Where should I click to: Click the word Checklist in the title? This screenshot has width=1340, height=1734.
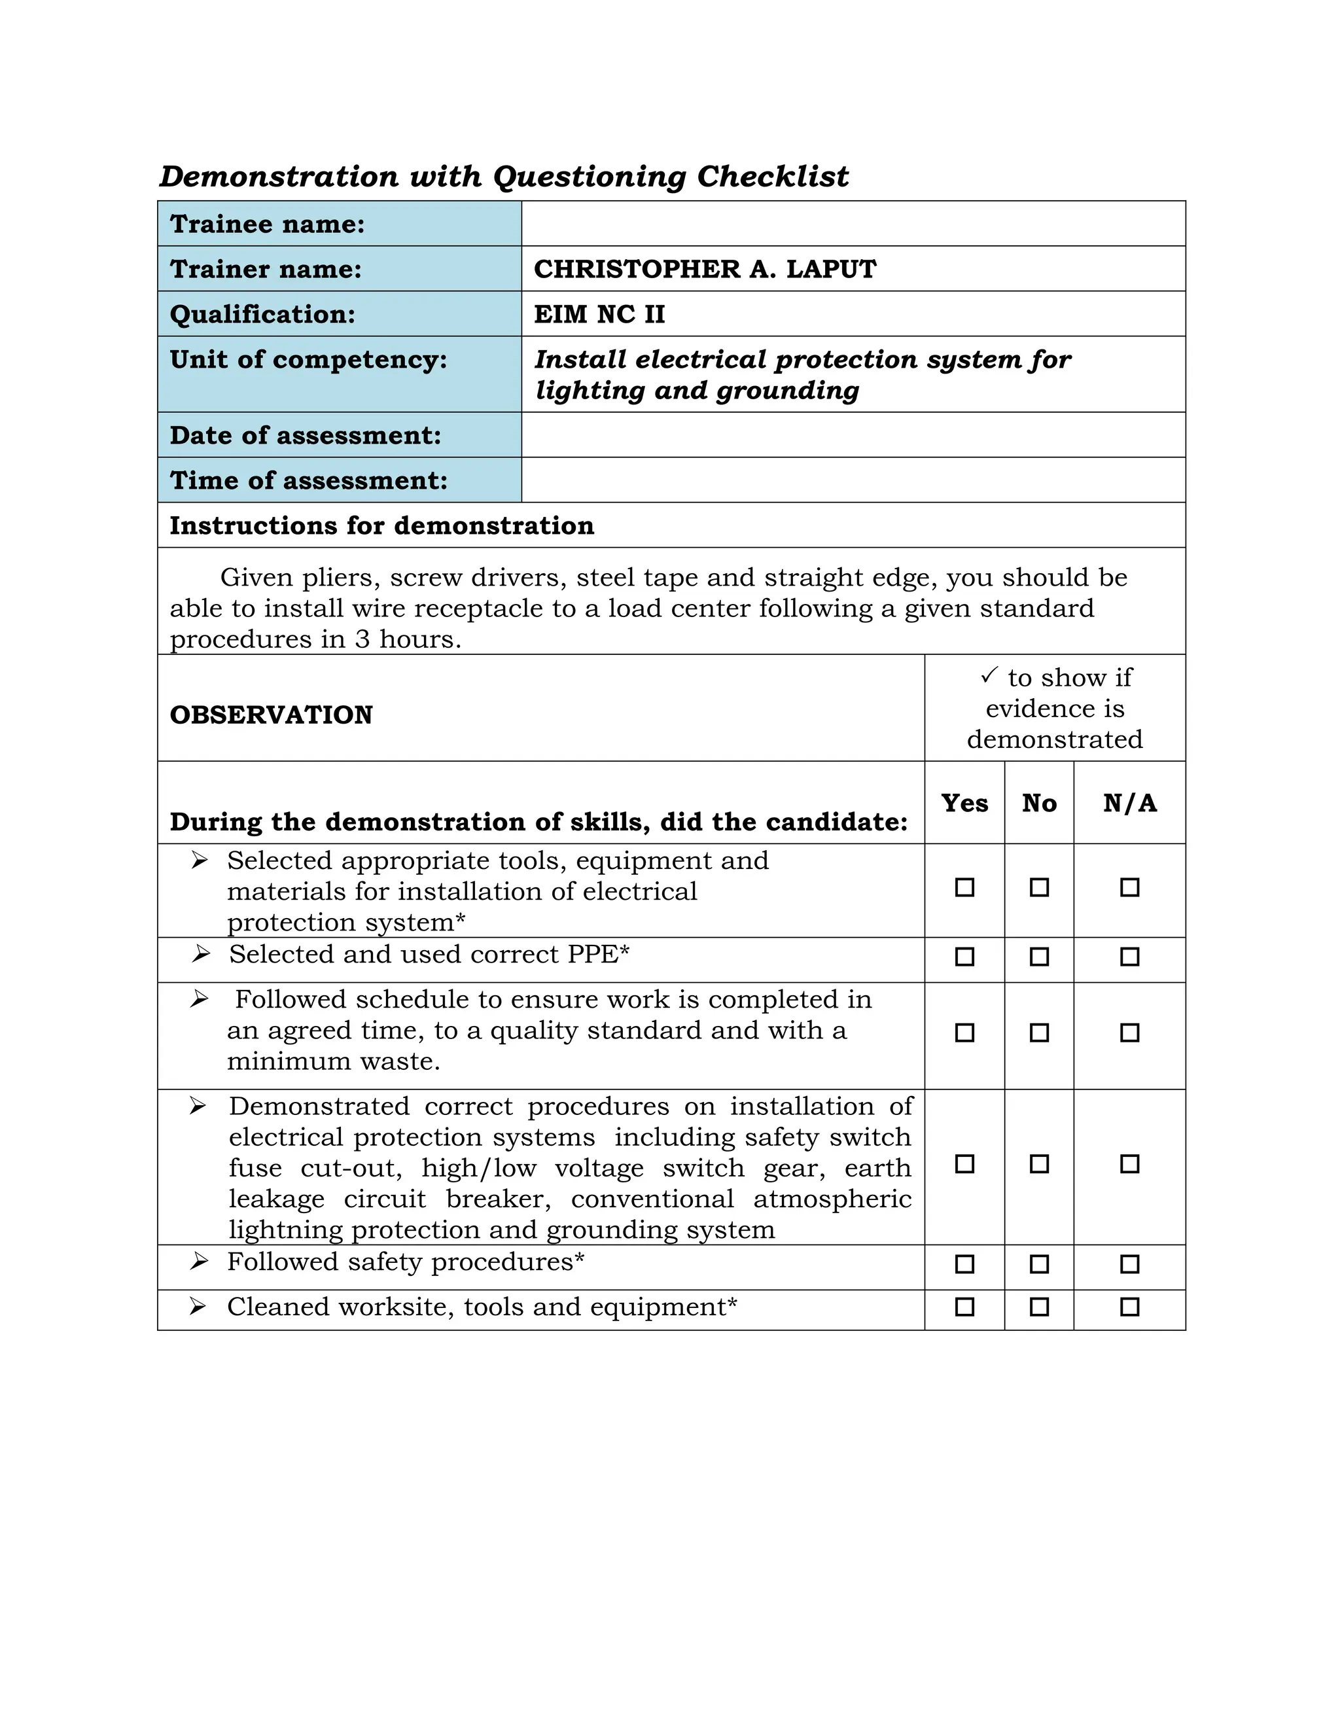tap(773, 176)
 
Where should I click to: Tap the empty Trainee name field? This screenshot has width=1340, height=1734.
tap(853, 224)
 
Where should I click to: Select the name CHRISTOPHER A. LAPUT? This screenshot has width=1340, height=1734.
tap(704, 269)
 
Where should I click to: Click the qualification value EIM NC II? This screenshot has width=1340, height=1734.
tap(599, 314)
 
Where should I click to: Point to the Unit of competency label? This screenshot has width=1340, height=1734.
tap(308, 360)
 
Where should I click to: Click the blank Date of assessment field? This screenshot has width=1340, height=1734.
tap(853, 435)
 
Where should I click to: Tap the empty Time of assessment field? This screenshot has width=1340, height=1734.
tap(853, 480)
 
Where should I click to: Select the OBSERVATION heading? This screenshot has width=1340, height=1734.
tap(271, 715)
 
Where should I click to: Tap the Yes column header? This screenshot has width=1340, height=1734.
tap(964, 804)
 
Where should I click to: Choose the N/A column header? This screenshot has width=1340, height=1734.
tap(1129, 804)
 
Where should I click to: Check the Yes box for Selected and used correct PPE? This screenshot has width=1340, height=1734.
tap(964, 957)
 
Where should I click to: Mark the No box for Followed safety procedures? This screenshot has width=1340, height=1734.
tap(1039, 1264)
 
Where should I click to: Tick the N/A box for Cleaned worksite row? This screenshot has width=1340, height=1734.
tap(1129, 1307)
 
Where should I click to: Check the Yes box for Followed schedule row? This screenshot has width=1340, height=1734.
tap(964, 1033)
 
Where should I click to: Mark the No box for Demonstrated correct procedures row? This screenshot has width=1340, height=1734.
tap(1039, 1164)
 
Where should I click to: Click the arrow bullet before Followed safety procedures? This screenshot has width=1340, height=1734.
tap(200, 1262)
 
